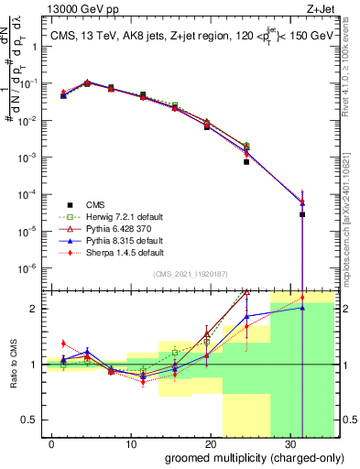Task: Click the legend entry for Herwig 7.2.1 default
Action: [x=116, y=216]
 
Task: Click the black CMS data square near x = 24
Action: [x=246, y=161]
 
